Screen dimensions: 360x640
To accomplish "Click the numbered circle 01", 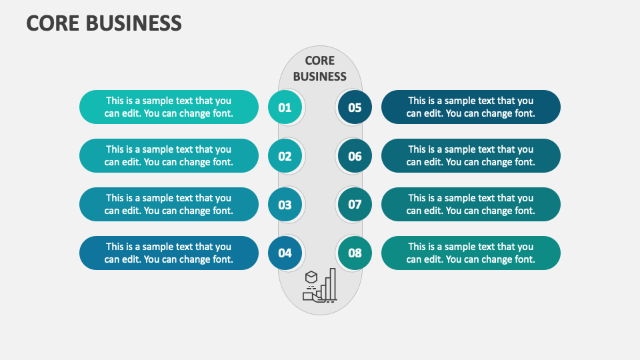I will [x=285, y=107].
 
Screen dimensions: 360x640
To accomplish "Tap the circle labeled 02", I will [x=285, y=156].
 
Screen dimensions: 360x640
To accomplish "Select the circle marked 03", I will [x=285, y=205].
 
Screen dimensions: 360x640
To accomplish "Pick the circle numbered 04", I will [x=285, y=253].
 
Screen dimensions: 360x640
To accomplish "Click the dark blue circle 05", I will [x=355, y=107].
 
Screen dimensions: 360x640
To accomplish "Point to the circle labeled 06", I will [x=355, y=156].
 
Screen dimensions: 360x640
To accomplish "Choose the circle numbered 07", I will [x=355, y=205].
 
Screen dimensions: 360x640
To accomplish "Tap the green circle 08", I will [x=355, y=253].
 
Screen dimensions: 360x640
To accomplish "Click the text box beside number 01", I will [x=169, y=107].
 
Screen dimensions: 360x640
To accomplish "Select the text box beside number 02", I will [x=169, y=156].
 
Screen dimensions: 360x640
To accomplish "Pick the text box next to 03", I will [x=169, y=205].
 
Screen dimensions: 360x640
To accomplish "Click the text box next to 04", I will [x=169, y=253].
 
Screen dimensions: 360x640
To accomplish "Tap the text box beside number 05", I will [x=471, y=107].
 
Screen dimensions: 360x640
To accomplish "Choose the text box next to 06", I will [x=471, y=156].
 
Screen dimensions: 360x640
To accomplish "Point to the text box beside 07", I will [x=471, y=205].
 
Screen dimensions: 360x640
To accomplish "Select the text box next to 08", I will [x=471, y=253].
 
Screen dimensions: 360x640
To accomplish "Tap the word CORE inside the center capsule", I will [x=320, y=61].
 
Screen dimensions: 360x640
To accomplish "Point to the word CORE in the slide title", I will [x=51, y=23].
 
